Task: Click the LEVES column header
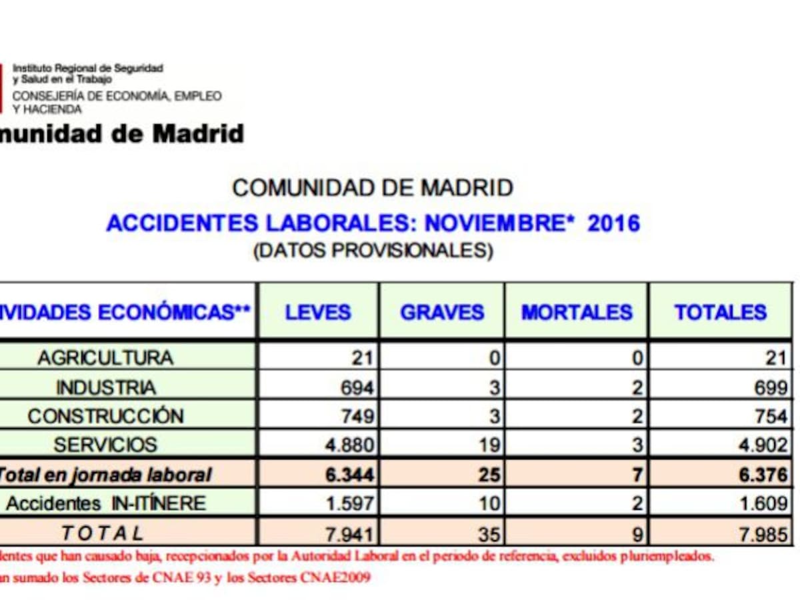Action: [318, 312]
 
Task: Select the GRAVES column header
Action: [442, 312]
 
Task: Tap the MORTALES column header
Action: [577, 312]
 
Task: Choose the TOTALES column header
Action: [721, 312]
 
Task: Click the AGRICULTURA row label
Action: [105, 358]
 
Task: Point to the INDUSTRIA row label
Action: [105, 387]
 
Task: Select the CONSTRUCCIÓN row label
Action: [105, 416]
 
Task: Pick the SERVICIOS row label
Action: [105, 445]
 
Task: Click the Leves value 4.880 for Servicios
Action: [347, 445]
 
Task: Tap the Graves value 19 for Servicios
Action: [488, 445]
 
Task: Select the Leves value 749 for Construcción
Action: [354, 416]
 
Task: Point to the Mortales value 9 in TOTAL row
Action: [637, 533]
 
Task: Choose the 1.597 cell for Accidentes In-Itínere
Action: [347, 503]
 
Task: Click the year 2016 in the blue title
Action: [613, 223]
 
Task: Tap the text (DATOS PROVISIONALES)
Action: [373, 250]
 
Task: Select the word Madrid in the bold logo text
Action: [198, 133]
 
